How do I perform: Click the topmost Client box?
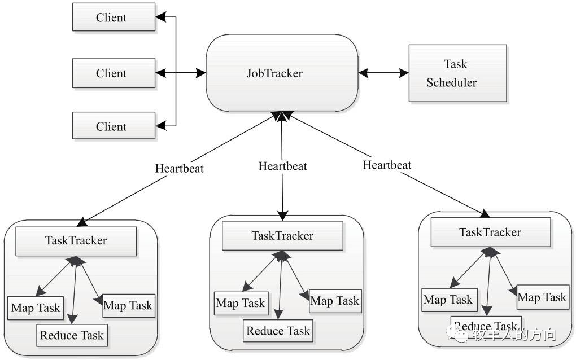click(114, 17)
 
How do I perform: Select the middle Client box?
click(114, 73)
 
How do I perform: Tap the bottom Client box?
click(114, 126)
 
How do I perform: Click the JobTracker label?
click(274, 73)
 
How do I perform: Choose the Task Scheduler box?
click(458, 73)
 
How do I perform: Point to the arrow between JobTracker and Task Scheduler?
click(383, 73)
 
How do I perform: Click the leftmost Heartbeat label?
click(179, 169)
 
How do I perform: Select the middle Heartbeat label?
click(282, 166)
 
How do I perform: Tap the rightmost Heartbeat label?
click(387, 165)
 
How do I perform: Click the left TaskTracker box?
click(76, 241)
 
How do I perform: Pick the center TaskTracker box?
click(282, 236)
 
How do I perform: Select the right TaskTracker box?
click(491, 232)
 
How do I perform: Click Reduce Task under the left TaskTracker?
click(72, 335)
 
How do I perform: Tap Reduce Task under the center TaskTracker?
click(278, 331)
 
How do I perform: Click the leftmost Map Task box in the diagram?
click(36, 308)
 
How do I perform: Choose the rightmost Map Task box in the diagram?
click(543, 297)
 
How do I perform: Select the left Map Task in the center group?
click(241, 304)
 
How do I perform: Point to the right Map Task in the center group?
click(335, 301)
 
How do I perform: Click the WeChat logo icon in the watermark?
click(457, 333)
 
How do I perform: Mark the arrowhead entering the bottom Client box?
click(160, 126)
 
